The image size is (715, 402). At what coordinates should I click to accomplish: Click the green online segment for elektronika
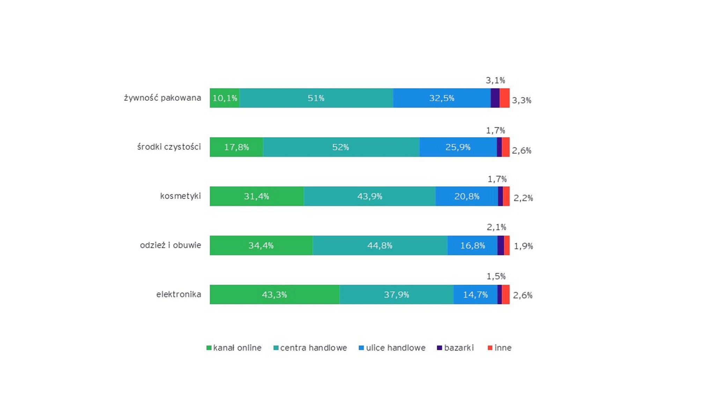(274, 294)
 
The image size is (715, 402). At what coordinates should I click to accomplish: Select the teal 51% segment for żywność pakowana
(316, 98)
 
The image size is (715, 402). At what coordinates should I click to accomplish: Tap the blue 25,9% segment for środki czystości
(458, 147)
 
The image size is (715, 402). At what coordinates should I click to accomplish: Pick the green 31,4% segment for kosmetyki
(257, 196)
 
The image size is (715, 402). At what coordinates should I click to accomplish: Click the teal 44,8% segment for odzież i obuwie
(380, 246)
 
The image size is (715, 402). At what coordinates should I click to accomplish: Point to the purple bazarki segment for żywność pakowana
(495, 98)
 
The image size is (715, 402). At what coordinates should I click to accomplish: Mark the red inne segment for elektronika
(506, 294)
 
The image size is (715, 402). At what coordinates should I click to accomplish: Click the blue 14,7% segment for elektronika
(475, 294)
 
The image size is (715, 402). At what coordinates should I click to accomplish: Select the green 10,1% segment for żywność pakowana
(224, 98)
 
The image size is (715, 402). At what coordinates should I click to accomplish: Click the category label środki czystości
(169, 147)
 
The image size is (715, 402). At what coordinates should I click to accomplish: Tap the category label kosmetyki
(180, 196)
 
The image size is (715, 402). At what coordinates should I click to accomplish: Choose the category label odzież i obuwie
(170, 245)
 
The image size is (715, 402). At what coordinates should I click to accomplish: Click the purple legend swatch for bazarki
(440, 348)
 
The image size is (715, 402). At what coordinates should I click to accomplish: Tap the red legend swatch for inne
(490, 348)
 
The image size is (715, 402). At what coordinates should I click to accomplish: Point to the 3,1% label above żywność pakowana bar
(495, 80)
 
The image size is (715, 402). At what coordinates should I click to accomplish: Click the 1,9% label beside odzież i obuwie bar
(523, 246)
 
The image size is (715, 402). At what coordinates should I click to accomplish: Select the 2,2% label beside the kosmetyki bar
(523, 198)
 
